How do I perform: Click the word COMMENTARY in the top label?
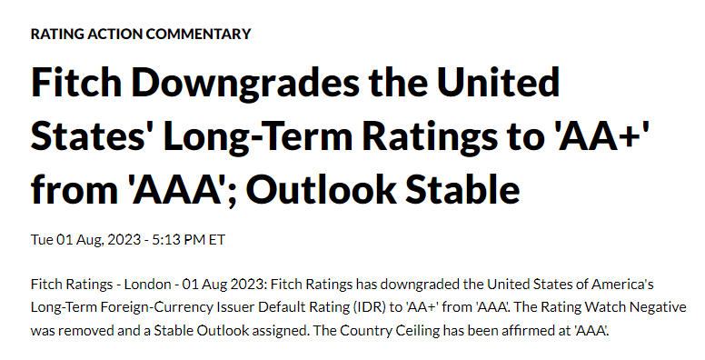coord(198,34)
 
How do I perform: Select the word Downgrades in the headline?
coord(245,84)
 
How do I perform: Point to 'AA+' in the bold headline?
coord(604,135)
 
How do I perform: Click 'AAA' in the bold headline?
coord(179,189)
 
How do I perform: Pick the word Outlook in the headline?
coord(321,189)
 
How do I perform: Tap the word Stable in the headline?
coord(462,189)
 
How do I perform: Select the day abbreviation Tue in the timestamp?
coord(42,239)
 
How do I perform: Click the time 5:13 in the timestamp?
coord(165,239)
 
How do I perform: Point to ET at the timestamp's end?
coord(217,239)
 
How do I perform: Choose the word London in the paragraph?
coord(147,285)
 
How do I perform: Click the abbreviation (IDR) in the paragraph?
coord(369,307)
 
